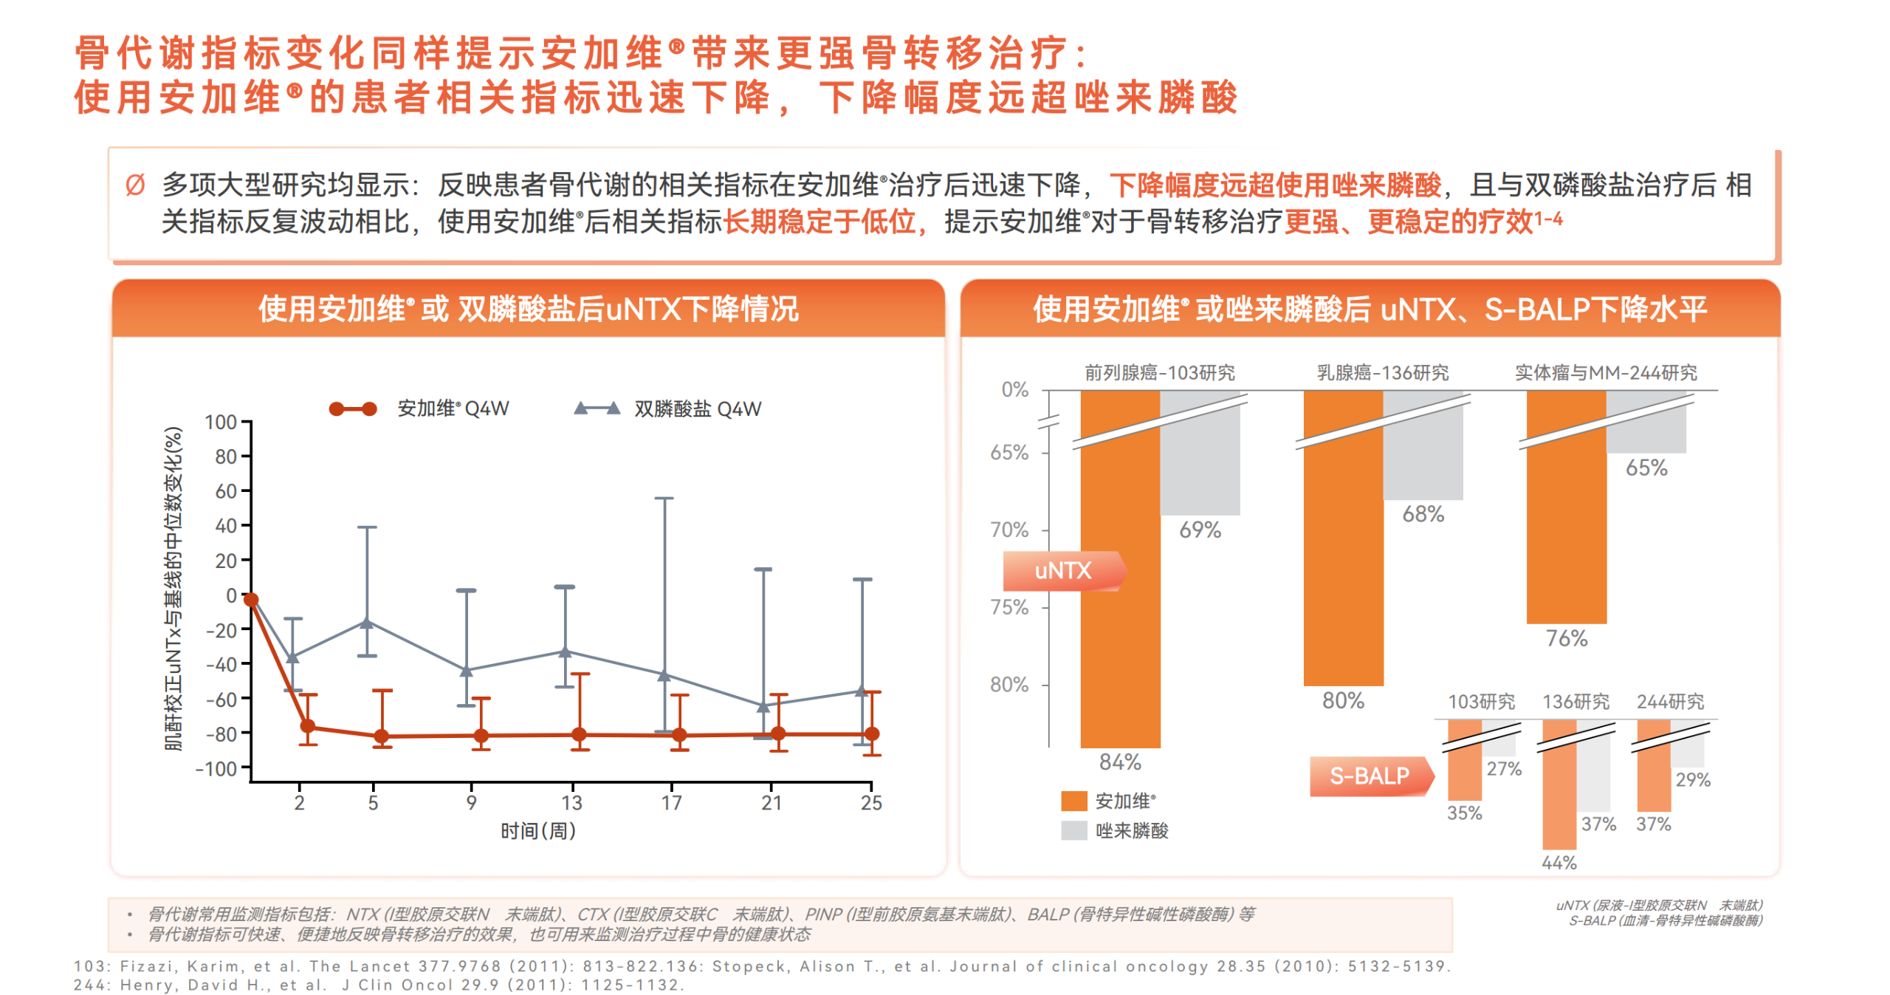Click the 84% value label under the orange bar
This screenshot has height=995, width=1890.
(x=1119, y=762)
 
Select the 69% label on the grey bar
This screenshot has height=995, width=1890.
(x=1199, y=530)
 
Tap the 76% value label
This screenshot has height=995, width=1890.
(x=1566, y=638)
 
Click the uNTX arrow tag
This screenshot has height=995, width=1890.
(x=1063, y=570)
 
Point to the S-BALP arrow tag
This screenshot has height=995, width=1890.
(x=1370, y=776)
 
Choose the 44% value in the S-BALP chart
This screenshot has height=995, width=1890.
(x=1559, y=862)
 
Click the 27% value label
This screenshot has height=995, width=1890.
(x=1504, y=769)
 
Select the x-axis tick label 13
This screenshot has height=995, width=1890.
(x=571, y=803)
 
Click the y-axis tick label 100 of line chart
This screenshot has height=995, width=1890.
(x=220, y=423)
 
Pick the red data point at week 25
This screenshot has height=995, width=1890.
(x=872, y=734)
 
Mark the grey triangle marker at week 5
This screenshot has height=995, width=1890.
(x=367, y=623)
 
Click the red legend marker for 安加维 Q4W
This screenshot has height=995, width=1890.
(x=353, y=408)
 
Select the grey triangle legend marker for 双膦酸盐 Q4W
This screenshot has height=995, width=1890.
(x=597, y=408)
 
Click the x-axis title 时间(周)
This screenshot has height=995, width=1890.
(x=538, y=831)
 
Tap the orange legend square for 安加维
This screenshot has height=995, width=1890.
(x=1073, y=801)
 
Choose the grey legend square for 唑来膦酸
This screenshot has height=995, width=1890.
(x=1073, y=830)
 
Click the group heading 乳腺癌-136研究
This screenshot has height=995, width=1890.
(x=1383, y=372)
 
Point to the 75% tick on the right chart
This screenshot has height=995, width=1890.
(x=1008, y=607)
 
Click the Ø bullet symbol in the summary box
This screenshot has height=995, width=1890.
(x=135, y=185)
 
